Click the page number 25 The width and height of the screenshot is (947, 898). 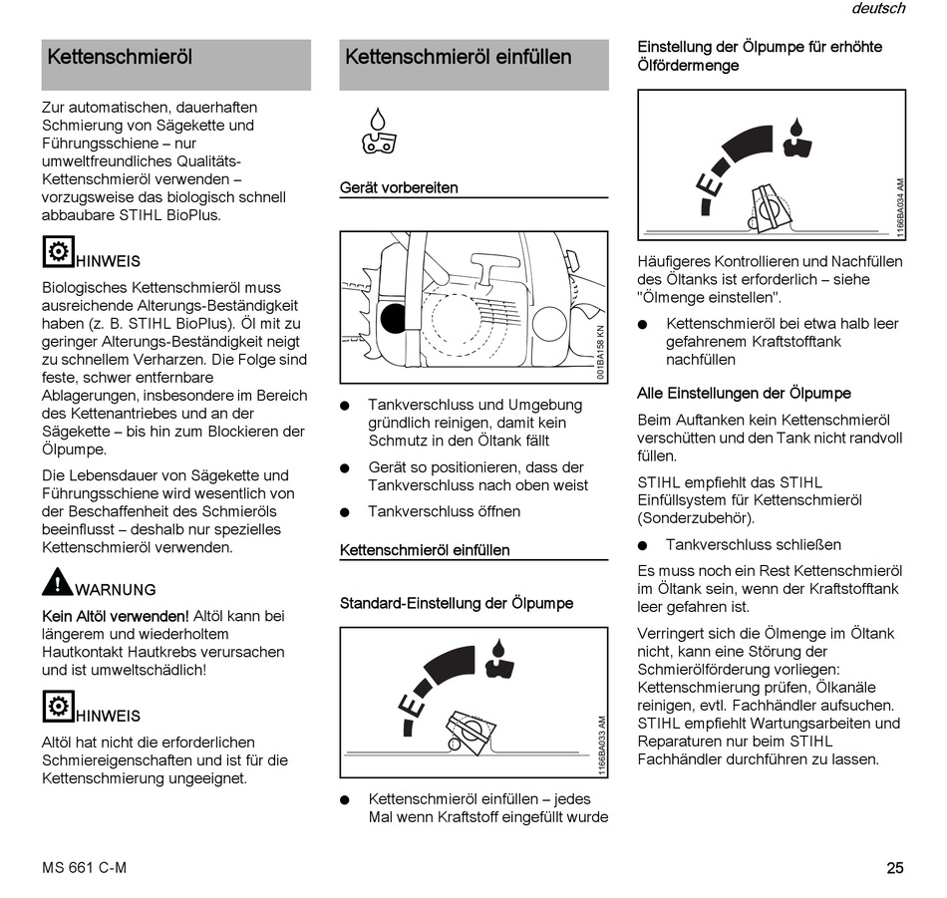tap(894, 867)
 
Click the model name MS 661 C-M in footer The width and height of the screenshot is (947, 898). tap(85, 867)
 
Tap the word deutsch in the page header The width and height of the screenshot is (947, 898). tap(878, 9)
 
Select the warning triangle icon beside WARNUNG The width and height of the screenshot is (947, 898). tap(57, 582)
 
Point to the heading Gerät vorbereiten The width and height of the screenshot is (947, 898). tap(399, 187)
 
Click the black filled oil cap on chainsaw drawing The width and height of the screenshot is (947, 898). tap(394, 318)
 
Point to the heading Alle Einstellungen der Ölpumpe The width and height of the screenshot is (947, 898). tap(744, 393)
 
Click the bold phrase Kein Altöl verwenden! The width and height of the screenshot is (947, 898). tap(116, 616)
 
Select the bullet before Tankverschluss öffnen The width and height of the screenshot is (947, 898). tap(345, 512)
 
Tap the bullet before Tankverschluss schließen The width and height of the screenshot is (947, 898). tap(643, 545)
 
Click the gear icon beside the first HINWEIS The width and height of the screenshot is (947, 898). tap(58, 251)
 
